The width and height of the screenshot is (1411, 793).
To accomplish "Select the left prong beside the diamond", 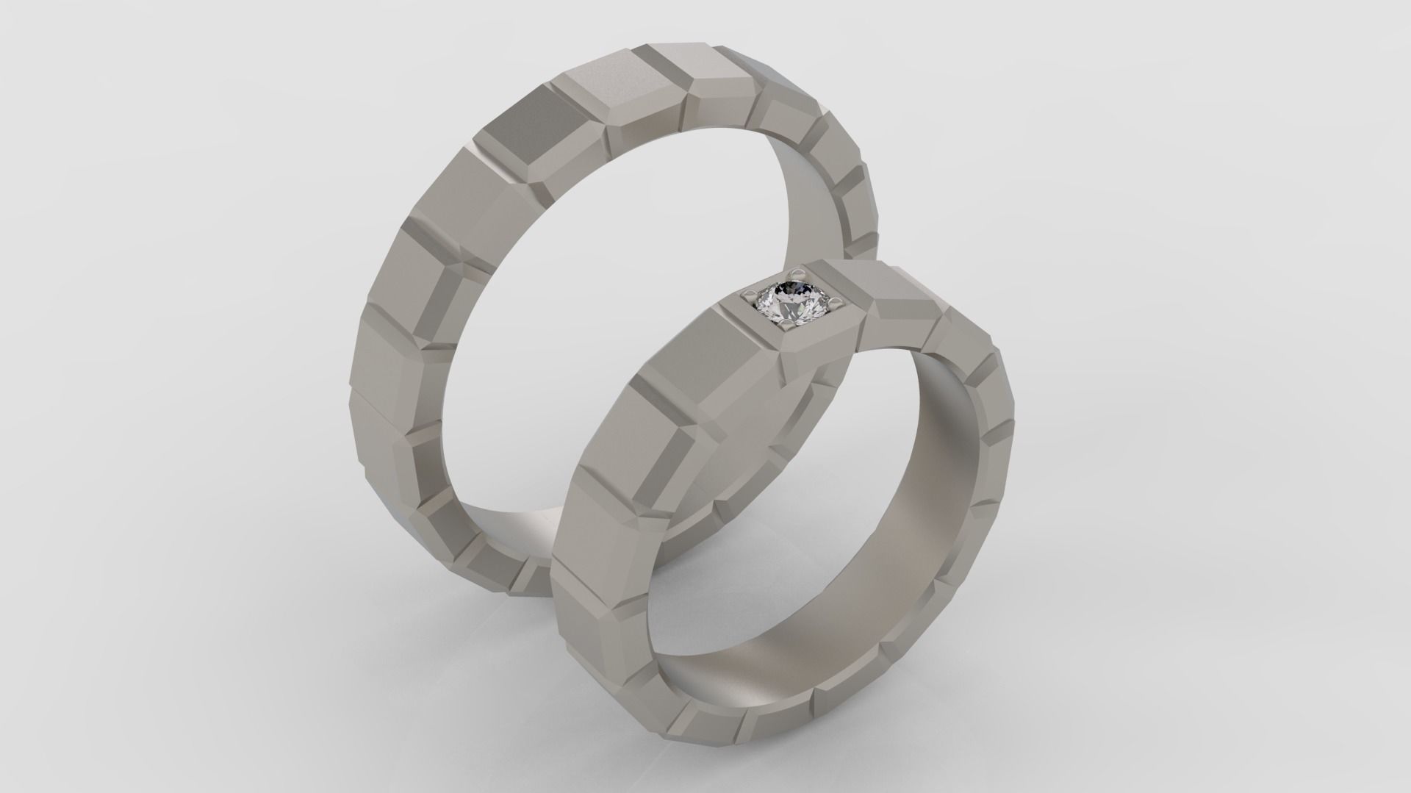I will [749, 295].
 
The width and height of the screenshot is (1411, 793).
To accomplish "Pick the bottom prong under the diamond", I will [786, 321].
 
